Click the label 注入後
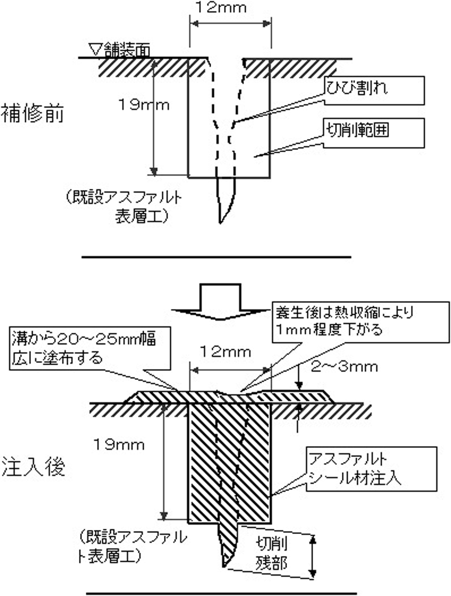pyautogui.click(x=33, y=467)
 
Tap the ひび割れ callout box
pyautogui.click(x=373, y=89)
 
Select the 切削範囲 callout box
pyautogui.click(x=373, y=132)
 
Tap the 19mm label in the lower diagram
pyautogui.click(x=119, y=445)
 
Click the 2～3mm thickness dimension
pyautogui.click(x=344, y=367)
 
